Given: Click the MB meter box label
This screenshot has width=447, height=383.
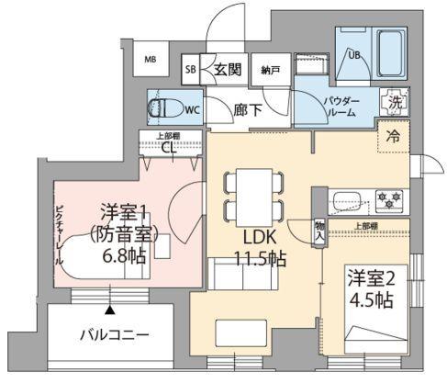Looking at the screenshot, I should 150,62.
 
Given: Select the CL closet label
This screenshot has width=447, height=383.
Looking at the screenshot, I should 168,146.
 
